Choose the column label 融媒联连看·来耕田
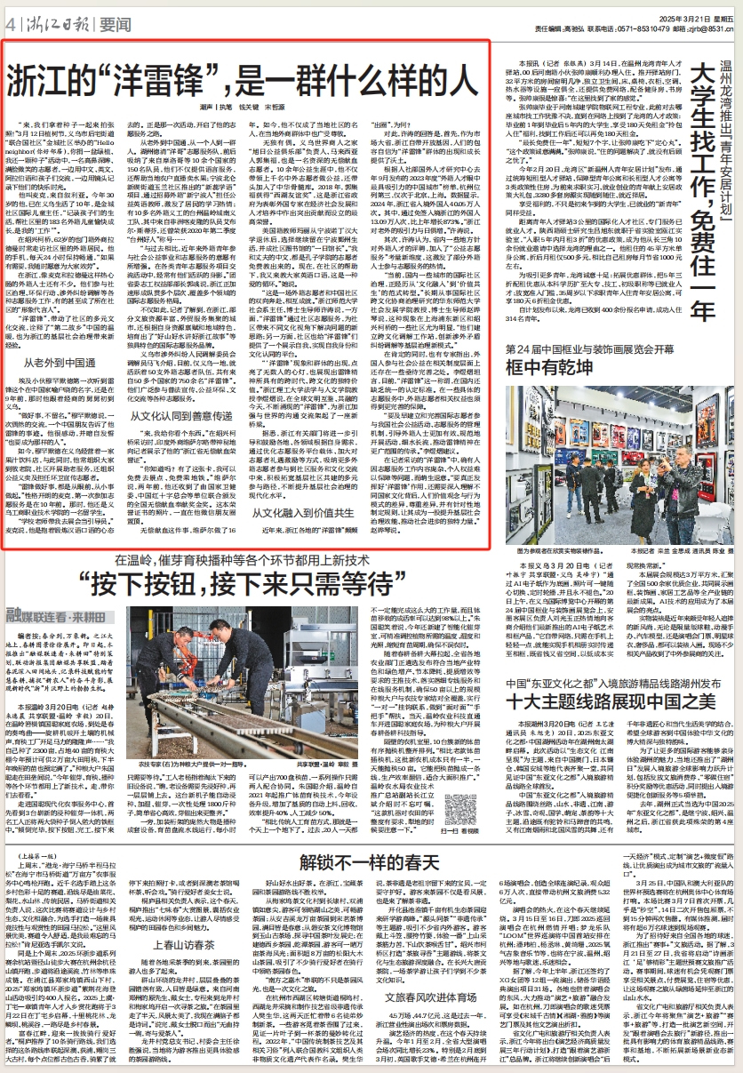(x=56, y=613)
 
